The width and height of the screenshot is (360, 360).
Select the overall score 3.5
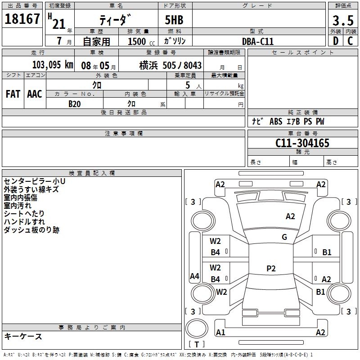[343, 21]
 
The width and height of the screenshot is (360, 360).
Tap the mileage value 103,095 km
[53, 65]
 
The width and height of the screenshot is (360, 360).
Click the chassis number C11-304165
[302, 143]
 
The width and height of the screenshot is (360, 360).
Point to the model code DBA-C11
[258, 41]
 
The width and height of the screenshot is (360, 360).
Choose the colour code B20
[75, 103]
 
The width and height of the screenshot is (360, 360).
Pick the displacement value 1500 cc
[139, 41]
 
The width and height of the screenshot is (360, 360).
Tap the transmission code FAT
[13, 94]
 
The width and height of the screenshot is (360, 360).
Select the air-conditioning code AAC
[34, 94]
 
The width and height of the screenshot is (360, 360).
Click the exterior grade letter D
[336, 41]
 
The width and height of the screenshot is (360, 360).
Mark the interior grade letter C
[350, 41]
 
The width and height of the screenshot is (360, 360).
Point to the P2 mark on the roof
[271, 269]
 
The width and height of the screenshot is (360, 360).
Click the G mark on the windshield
[284, 237]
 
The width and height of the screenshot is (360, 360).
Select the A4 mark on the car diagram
[194, 276]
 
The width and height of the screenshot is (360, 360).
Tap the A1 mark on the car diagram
[220, 333]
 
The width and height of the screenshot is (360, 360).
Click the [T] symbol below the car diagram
[197, 345]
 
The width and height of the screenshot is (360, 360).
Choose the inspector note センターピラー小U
[35, 181]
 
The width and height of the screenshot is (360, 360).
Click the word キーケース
[23, 337]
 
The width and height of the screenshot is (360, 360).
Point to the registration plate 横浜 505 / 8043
[170, 65]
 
